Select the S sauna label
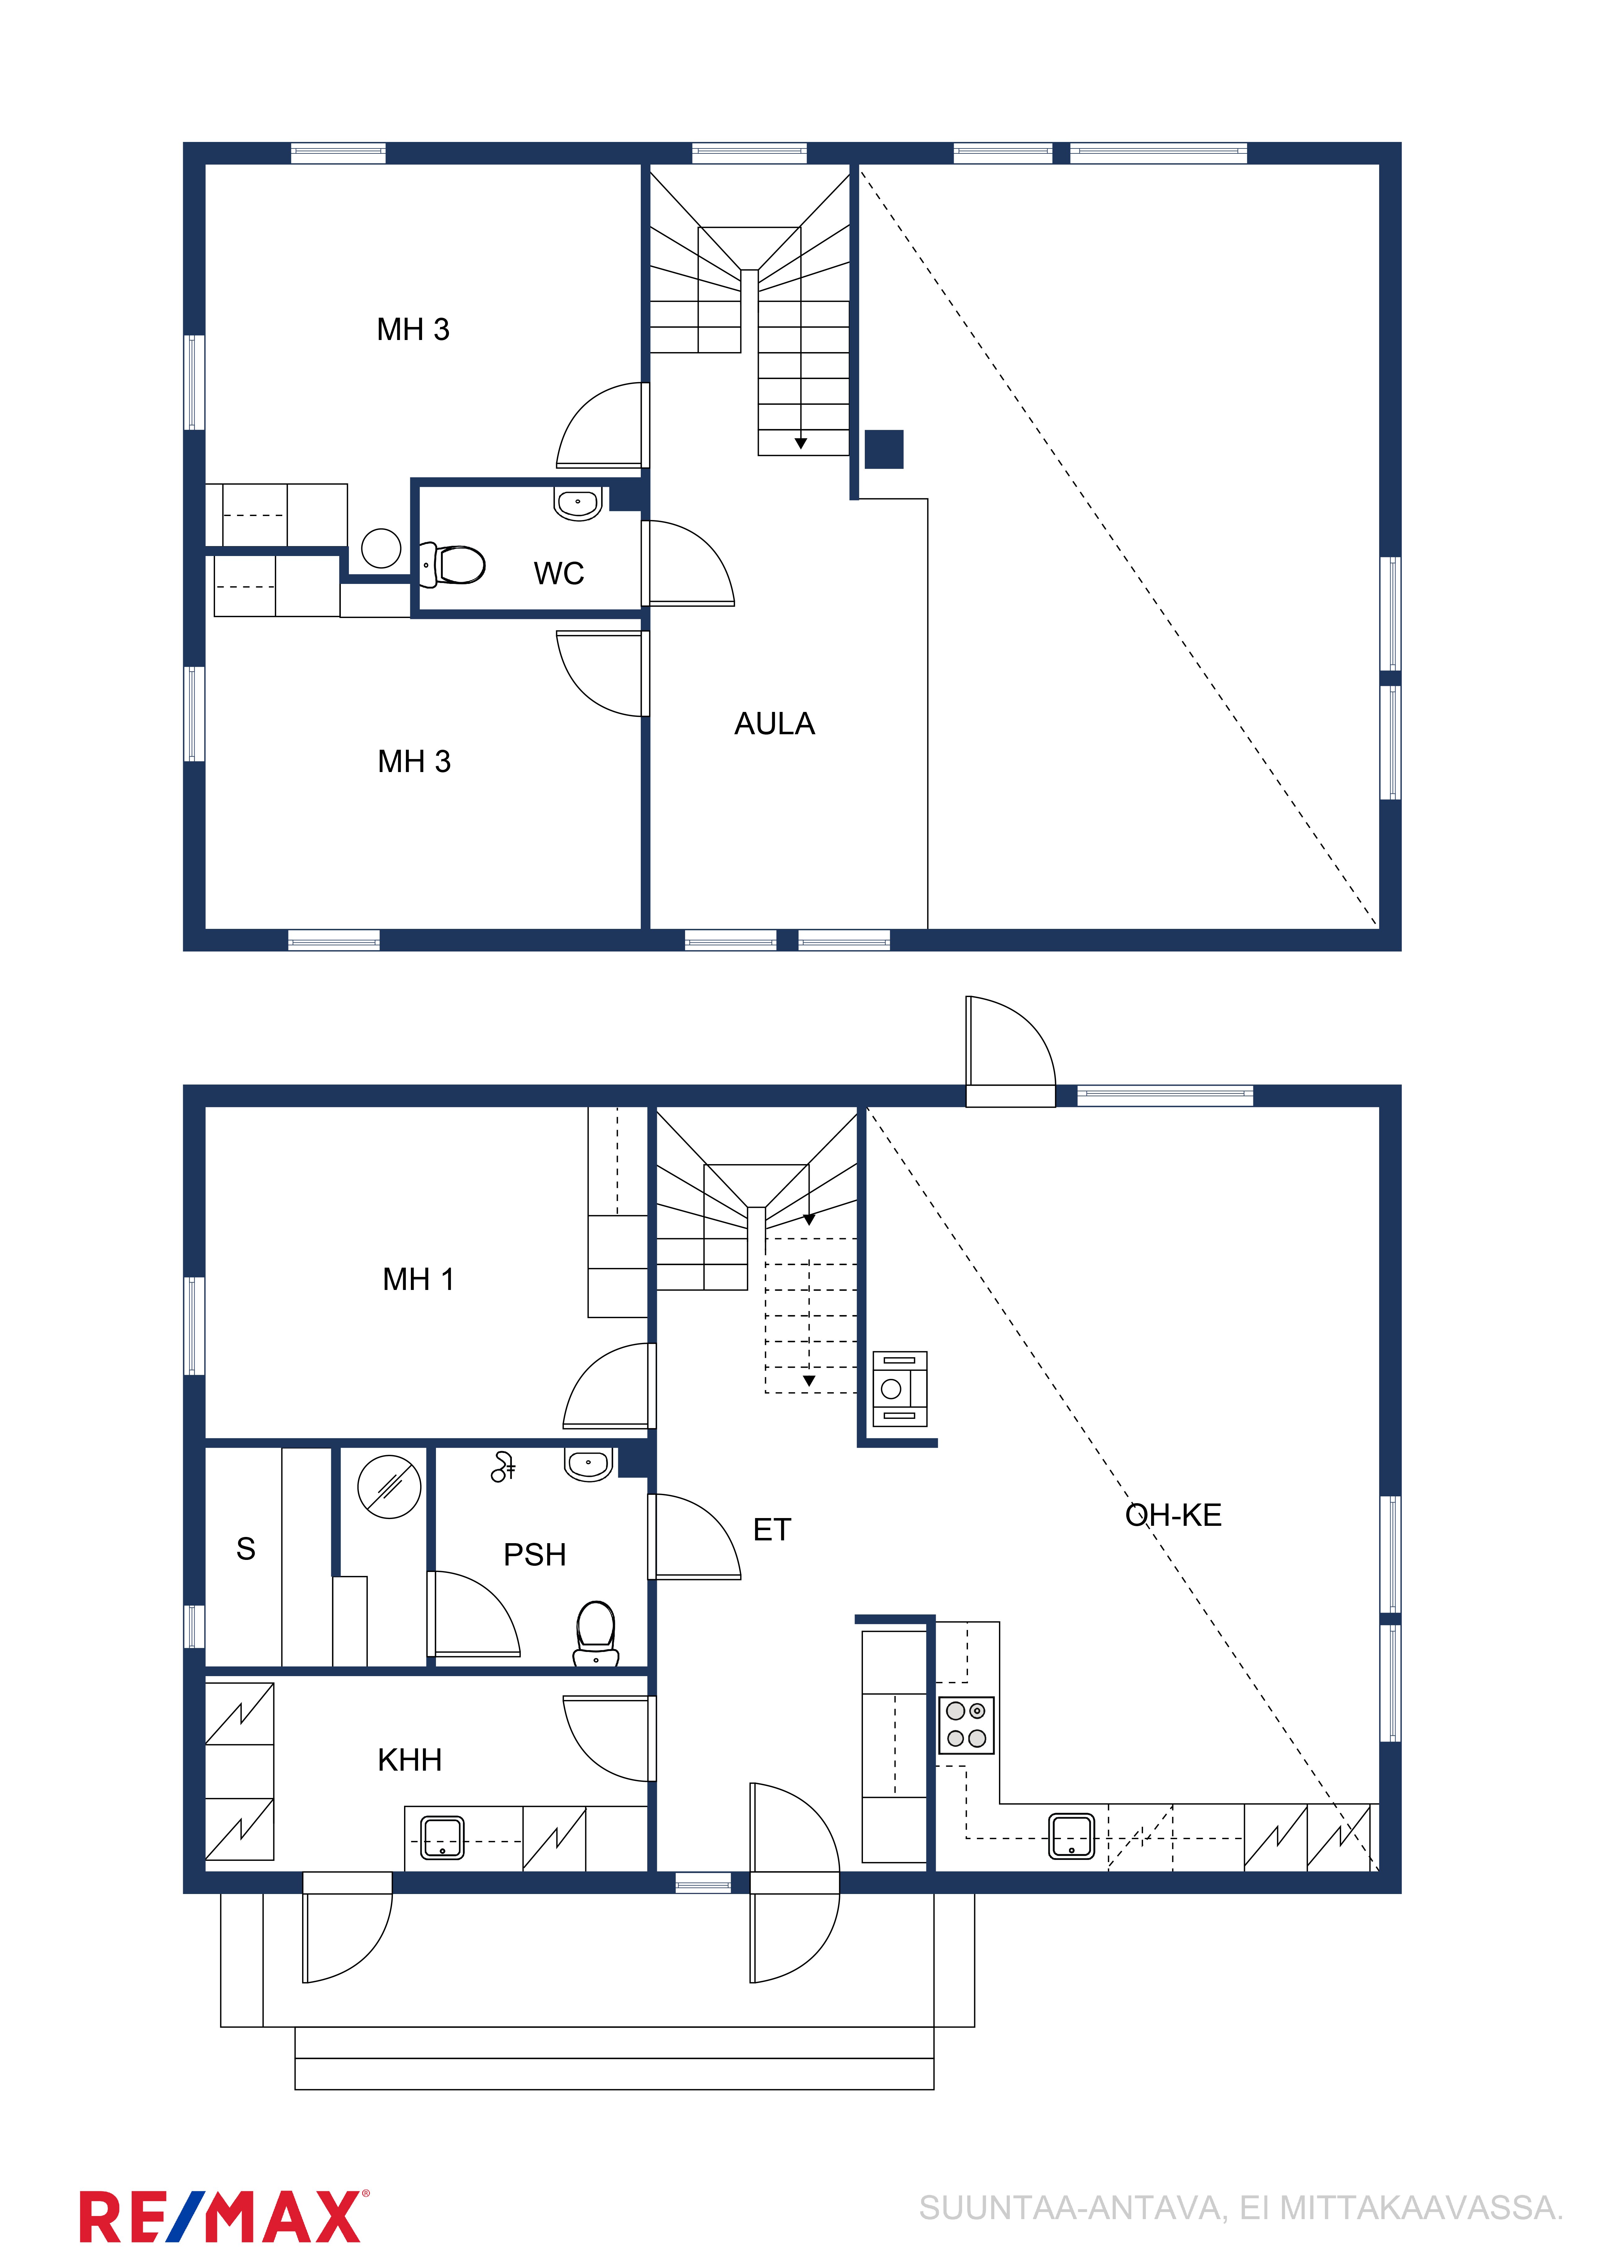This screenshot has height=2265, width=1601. click(x=246, y=1549)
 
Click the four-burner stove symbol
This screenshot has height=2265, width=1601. click(x=966, y=1725)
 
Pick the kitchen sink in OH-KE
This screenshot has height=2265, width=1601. click(x=1071, y=1836)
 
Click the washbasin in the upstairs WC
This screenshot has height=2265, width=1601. click(x=578, y=502)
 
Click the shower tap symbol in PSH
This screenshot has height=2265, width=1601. click(x=503, y=1467)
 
